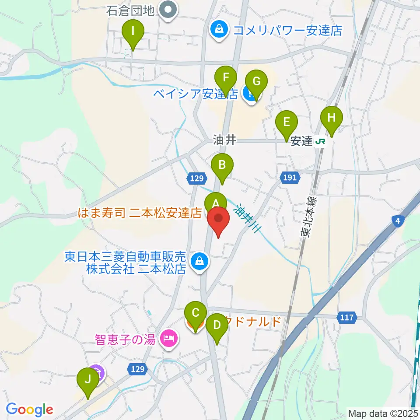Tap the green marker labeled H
click(x=331, y=118)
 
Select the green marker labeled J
click(x=88, y=380)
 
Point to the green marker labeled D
click(x=216, y=326)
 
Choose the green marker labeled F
click(x=226, y=79)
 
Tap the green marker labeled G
click(x=256, y=82)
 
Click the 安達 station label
click(x=301, y=141)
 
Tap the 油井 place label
click(x=224, y=140)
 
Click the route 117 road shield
click(x=348, y=317)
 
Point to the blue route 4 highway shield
click(x=397, y=222)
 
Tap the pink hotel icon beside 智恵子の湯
click(x=168, y=337)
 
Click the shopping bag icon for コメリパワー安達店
click(x=217, y=30)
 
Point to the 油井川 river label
click(x=248, y=219)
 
